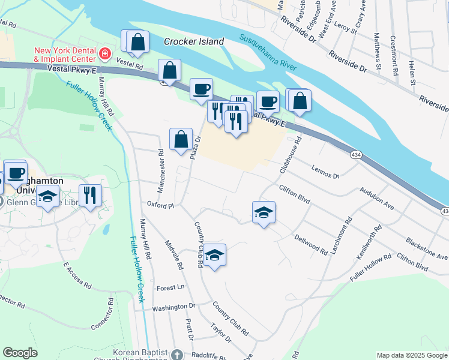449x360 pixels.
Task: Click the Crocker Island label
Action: pos(194,42)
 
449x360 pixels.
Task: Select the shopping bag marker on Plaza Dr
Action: pos(181,140)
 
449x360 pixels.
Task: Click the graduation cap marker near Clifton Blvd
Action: pos(264,212)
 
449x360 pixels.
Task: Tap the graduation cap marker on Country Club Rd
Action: pos(214,255)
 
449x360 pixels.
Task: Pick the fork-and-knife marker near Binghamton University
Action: pos(90,196)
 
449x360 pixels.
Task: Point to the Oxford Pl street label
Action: pos(160,205)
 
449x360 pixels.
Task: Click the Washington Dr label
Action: pos(173,307)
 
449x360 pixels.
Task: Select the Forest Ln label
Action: pos(170,288)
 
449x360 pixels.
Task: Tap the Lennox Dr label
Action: pos(325,172)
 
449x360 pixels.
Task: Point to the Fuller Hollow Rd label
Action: pos(371,266)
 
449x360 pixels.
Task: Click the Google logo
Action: pos(20,353)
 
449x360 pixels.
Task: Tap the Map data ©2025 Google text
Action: pos(412,355)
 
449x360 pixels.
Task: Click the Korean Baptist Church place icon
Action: pos(176,355)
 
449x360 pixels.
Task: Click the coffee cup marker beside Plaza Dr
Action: pos(201,89)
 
